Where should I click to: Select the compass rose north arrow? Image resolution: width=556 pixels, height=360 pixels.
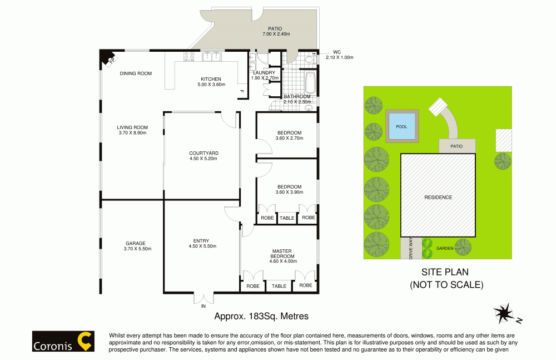tap(504, 315)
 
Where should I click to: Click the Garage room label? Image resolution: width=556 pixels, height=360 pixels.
tap(135, 243)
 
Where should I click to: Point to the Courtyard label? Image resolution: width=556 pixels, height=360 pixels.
tap(203, 153)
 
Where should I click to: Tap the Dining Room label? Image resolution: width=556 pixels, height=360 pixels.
tap(136, 73)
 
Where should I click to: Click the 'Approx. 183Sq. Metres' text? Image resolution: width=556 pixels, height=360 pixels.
tap(261, 315)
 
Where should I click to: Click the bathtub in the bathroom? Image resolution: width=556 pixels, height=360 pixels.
tap(310, 83)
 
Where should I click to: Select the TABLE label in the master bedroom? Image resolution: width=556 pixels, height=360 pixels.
tap(279, 286)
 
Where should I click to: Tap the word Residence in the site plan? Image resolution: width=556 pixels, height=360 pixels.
tap(438, 198)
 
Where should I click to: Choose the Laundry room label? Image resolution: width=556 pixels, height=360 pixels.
tap(264, 73)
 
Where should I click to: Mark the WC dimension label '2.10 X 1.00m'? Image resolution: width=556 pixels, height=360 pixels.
tap(340, 57)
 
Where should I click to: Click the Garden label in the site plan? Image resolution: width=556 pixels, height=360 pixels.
tap(444, 249)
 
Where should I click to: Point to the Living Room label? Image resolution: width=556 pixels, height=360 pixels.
tap(132, 127)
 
